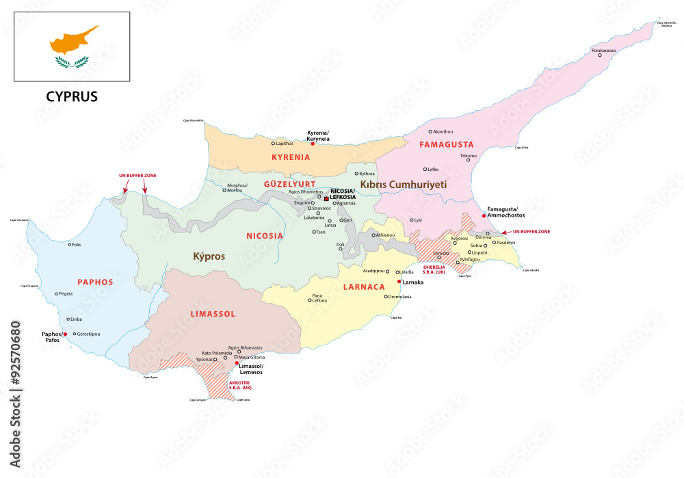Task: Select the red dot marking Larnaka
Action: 399,282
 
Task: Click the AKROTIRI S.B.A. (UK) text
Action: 241,386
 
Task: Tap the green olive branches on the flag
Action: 73,62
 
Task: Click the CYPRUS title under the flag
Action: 72,96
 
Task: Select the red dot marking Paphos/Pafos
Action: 66,334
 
